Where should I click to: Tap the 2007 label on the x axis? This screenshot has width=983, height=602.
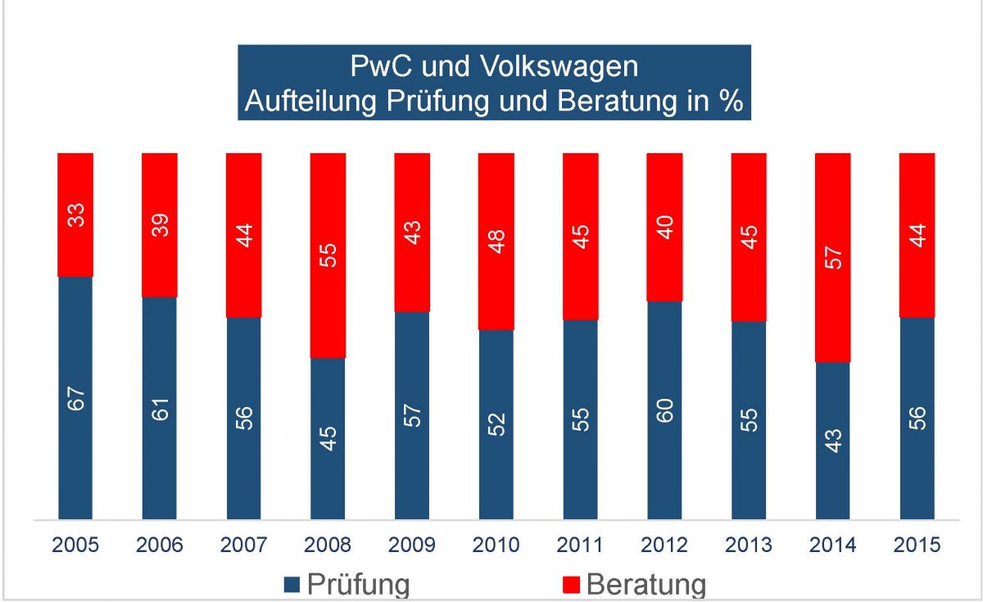(244, 544)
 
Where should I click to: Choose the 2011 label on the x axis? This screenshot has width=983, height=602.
(580, 544)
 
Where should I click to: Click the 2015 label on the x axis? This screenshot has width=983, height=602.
(917, 544)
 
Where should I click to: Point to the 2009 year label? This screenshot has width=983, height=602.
(412, 544)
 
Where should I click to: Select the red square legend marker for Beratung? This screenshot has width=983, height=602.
(572, 583)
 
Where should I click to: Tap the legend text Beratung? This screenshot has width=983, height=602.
(646, 584)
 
